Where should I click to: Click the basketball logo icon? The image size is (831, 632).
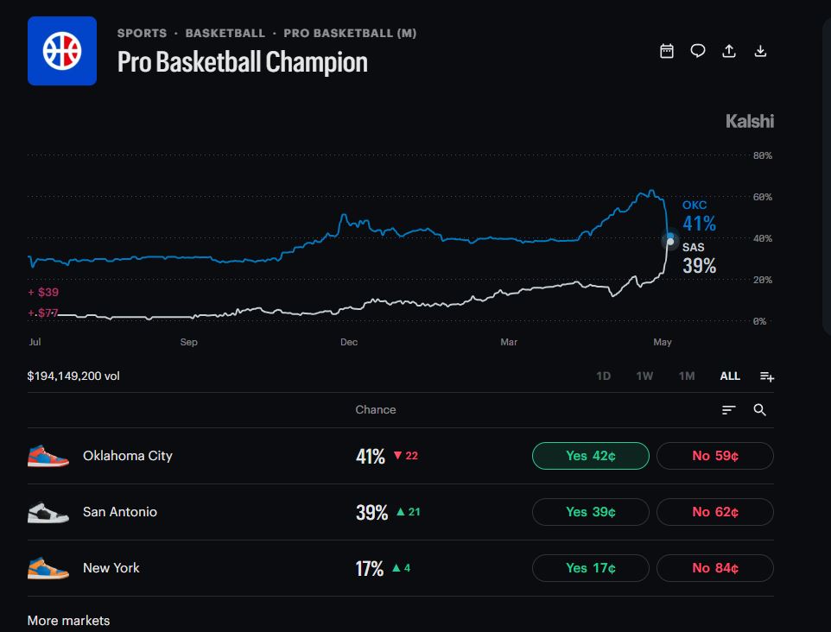[62, 51]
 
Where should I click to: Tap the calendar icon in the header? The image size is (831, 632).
[667, 51]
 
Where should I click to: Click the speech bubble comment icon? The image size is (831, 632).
[698, 51]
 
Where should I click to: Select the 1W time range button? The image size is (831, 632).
[644, 376]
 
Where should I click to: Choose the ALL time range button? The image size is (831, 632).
[730, 376]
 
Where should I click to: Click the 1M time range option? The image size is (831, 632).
[687, 376]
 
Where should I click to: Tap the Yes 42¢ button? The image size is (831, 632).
[590, 456]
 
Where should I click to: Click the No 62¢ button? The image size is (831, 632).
[715, 512]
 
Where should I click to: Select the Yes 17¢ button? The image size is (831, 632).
[590, 568]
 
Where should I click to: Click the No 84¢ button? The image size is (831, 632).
[715, 568]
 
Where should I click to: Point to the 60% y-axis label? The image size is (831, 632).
[763, 197]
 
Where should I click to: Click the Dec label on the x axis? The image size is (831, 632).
[349, 342]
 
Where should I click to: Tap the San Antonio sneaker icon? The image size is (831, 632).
[48, 512]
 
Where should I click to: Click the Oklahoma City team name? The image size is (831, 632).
[128, 456]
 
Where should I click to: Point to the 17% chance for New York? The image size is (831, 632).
[370, 568]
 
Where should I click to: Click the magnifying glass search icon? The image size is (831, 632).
[759, 409]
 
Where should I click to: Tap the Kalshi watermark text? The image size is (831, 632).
[750, 122]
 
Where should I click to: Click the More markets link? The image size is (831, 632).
[68, 621]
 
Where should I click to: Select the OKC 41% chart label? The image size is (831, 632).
[699, 217]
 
